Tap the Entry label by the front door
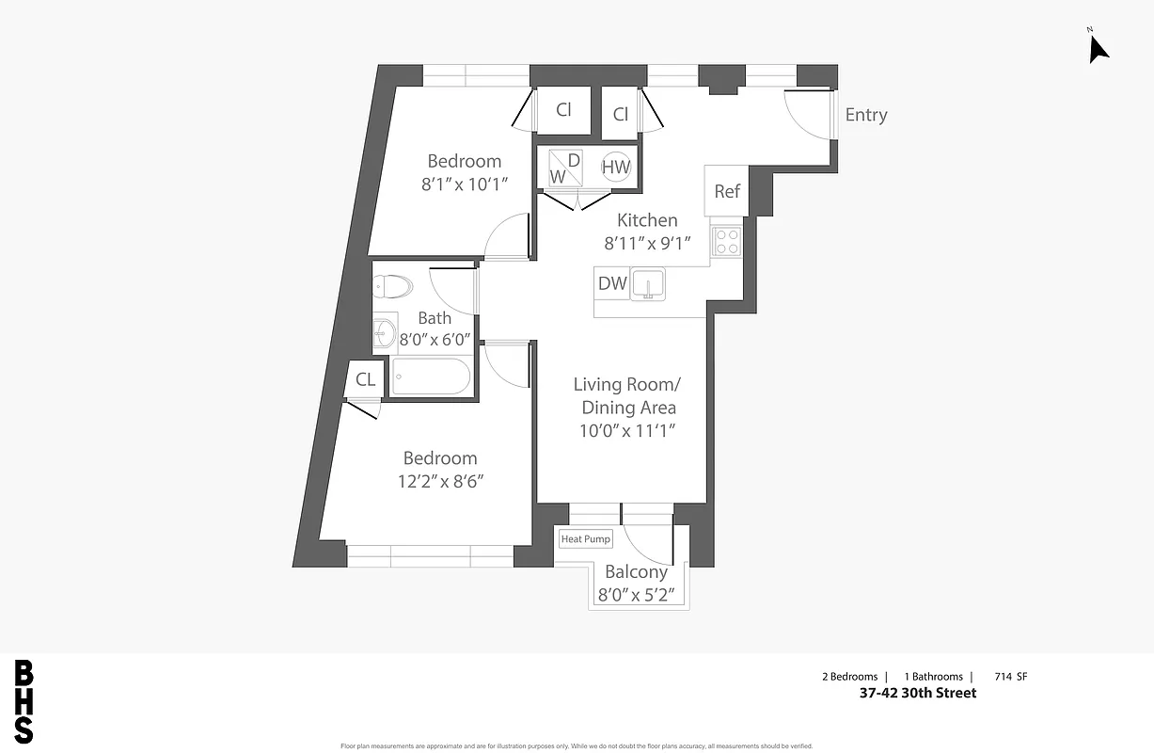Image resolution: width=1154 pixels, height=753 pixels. click(865, 115)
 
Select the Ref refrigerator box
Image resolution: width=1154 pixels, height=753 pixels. click(727, 191)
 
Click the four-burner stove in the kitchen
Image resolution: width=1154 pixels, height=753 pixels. click(726, 242)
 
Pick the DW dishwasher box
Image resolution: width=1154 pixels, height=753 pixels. click(612, 283)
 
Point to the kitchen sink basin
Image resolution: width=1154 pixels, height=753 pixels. click(647, 282)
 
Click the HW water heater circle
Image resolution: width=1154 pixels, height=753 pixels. click(616, 167)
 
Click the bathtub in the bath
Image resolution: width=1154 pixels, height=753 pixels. click(431, 377)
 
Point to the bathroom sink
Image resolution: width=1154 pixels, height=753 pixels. click(384, 331)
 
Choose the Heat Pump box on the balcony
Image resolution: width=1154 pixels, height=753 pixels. click(585, 539)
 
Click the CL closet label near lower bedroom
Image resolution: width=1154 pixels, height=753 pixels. click(365, 380)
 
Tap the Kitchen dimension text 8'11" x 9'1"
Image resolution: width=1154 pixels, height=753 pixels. click(647, 243)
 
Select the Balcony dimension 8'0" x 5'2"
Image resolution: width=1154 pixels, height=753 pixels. click(637, 595)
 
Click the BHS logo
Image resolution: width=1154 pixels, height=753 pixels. click(24, 702)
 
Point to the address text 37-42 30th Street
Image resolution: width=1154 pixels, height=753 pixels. click(917, 693)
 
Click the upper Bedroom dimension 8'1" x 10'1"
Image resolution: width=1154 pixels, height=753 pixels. click(465, 184)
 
